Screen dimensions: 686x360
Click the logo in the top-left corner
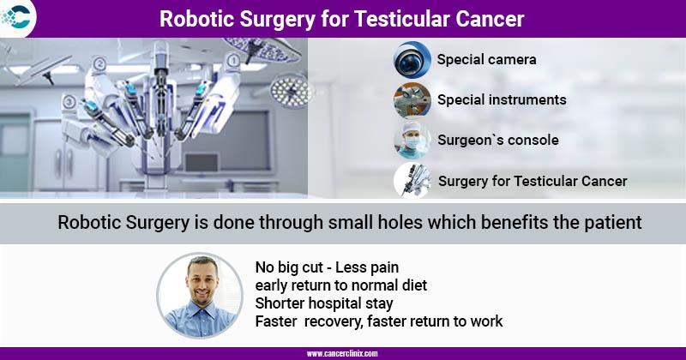(x=16, y=16)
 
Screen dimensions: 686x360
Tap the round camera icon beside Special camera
(x=412, y=60)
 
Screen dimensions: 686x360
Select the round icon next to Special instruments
(x=412, y=100)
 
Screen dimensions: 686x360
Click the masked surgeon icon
(x=412, y=141)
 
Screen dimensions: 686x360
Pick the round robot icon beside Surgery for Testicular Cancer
(x=412, y=181)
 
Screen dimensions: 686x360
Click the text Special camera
(x=486, y=59)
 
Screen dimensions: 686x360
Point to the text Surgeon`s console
(x=498, y=140)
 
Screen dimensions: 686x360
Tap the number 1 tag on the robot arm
(x=233, y=60)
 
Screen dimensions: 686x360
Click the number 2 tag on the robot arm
(x=99, y=64)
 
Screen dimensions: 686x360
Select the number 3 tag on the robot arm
(x=69, y=102)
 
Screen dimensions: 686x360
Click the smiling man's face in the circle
(x=202, y=280)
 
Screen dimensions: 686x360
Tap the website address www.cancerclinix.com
(x=341, y=354)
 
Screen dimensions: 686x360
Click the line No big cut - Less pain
(x=327, y=267)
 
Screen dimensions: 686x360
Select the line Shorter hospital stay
(x=324, y=303)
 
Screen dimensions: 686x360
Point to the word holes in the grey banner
(x=400, y=222)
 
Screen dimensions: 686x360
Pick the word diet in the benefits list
(x=414, y=285)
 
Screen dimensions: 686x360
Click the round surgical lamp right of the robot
(x=292, y=91)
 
